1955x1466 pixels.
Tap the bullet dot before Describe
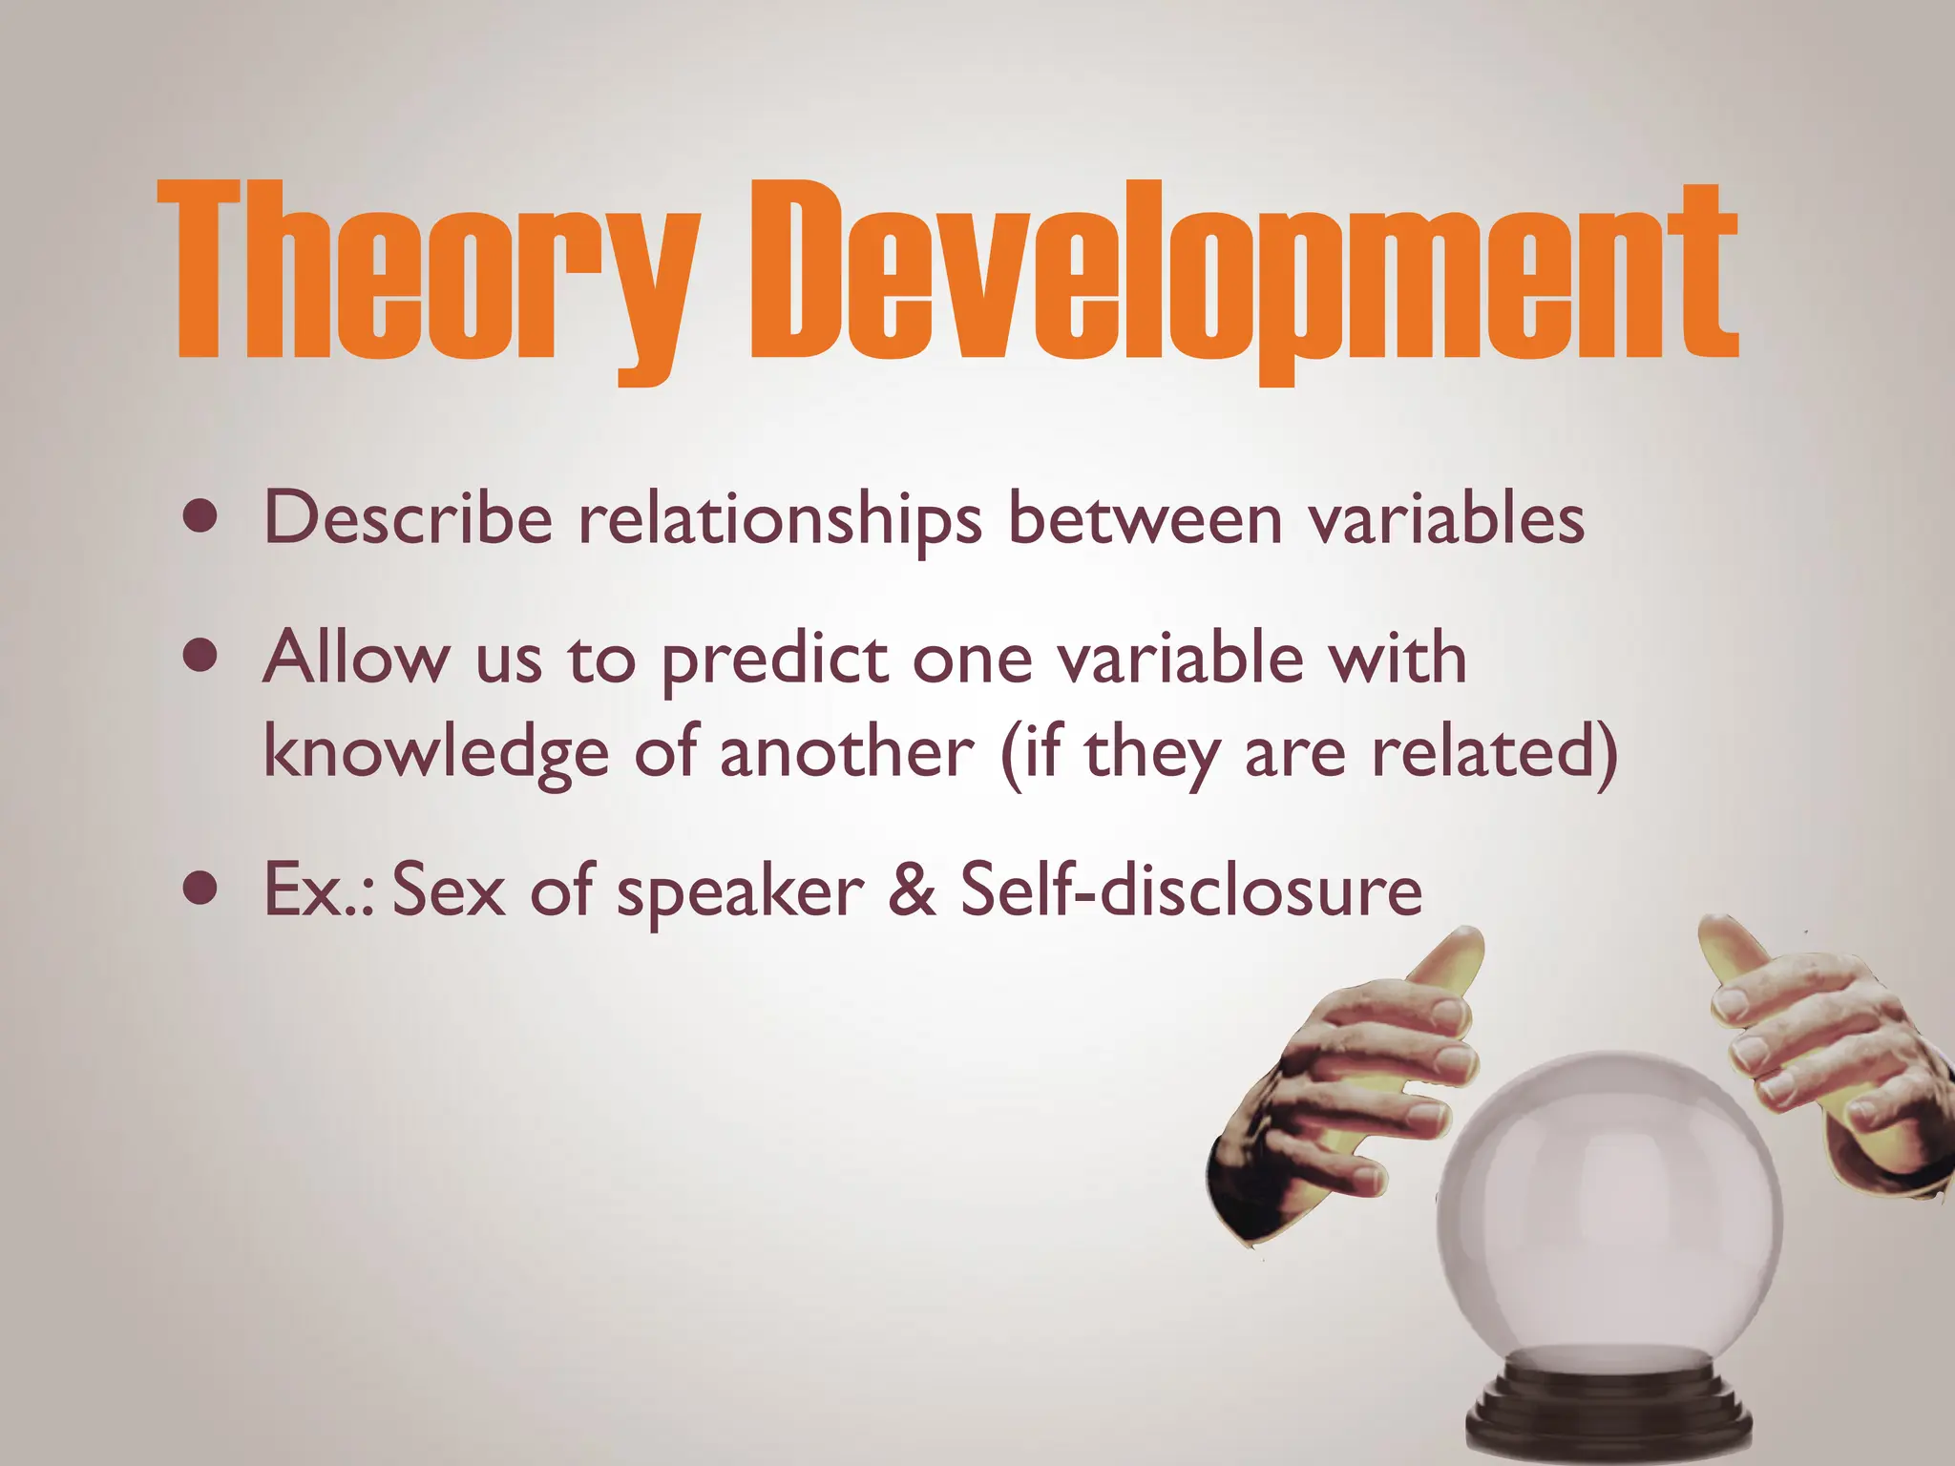click(200, 518)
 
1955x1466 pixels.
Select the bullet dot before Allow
click(200, 657)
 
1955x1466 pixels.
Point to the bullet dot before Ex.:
click(200, 890)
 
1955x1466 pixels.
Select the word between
click(1145, 518)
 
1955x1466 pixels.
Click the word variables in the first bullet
click(1445, 518)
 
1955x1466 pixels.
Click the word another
click(846, 752)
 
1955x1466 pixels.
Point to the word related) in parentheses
click(1494, 752)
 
